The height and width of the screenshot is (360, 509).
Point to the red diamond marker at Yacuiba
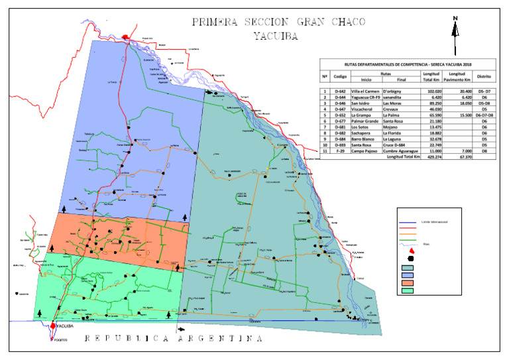pos(53,326)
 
